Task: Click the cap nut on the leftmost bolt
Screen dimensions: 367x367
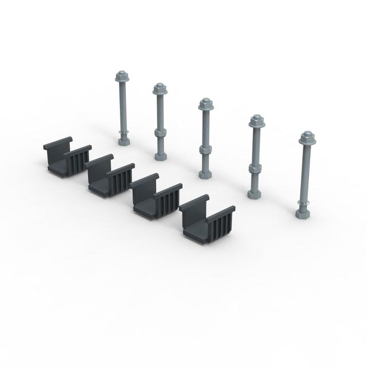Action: tap(121, 76)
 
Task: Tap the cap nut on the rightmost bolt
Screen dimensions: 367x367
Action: tap(307, 137)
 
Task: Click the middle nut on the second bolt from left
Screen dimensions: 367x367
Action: tap(160, 132)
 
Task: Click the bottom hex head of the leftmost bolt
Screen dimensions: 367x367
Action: tap(122, 140)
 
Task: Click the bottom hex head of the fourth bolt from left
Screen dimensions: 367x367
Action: tap(253, 193)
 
